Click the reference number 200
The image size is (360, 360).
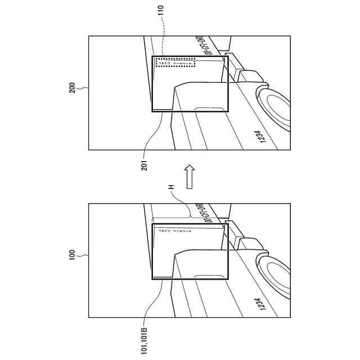(72, 92)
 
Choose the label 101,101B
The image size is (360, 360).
(145, 336)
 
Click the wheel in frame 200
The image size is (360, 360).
(276, 107)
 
